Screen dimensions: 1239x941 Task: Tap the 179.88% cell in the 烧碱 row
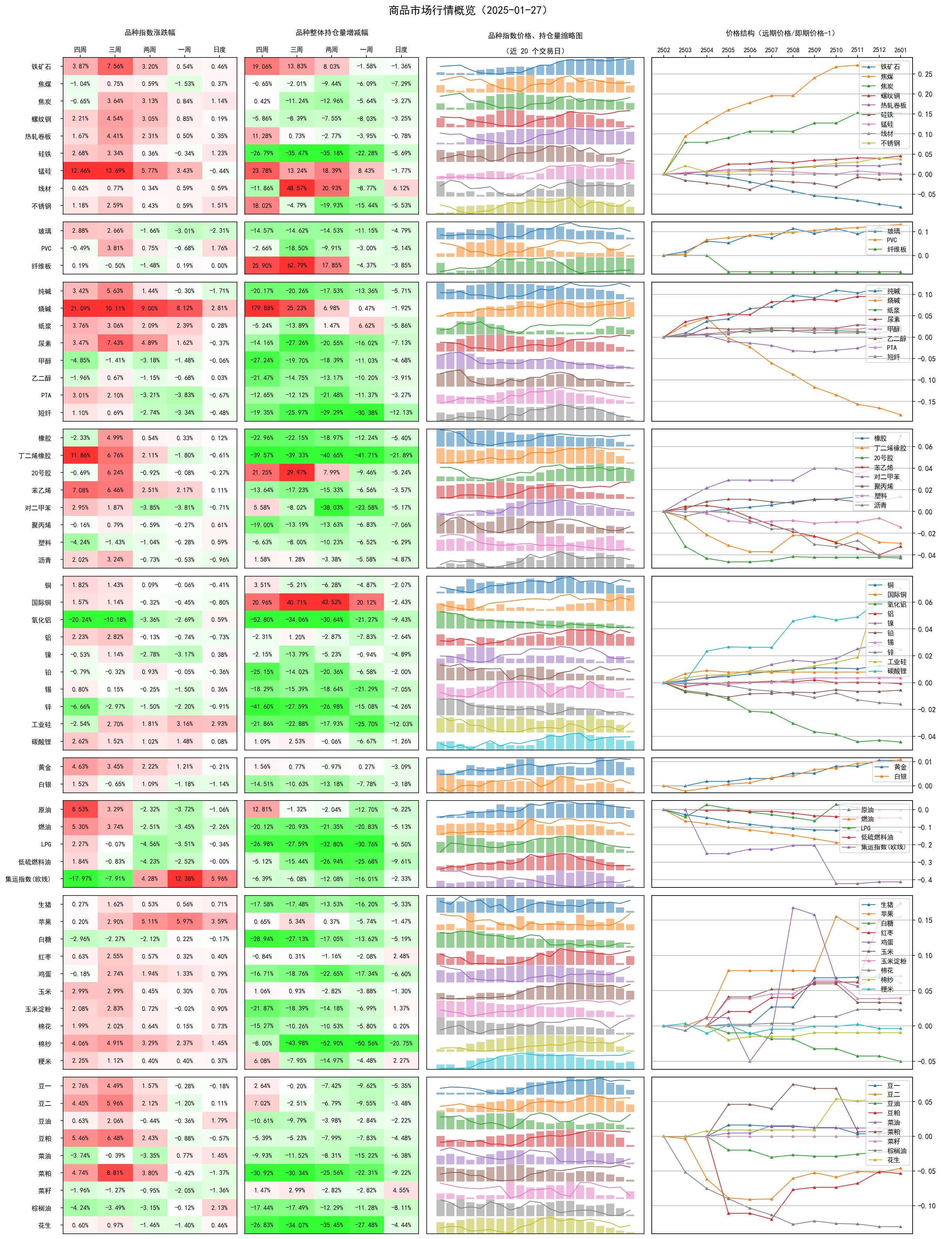262,308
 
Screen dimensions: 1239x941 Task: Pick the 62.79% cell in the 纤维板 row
297,266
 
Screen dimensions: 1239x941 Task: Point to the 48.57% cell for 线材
297,188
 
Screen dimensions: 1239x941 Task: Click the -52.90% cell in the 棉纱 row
331,1043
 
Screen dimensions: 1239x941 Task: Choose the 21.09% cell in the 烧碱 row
80,308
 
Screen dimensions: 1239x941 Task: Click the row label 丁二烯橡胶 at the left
34,455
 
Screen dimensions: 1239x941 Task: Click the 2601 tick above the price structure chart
900,50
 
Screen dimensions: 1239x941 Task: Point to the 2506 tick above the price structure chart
749,50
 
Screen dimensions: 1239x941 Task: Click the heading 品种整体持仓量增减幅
332,33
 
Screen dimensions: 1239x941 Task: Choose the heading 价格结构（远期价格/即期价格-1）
781,33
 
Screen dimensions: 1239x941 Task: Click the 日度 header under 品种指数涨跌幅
219,50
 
